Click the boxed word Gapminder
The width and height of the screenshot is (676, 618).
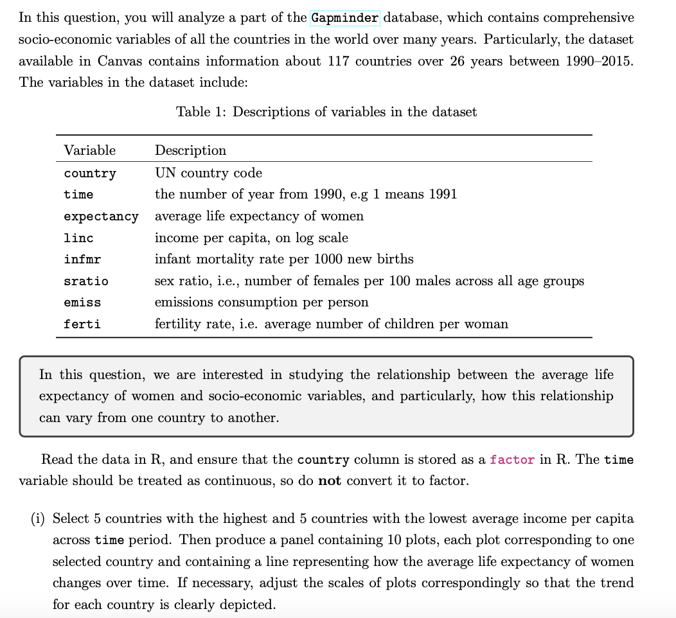point(345,17)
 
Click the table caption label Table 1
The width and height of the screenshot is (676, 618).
point(201,112)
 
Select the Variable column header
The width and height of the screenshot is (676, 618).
point(90,150)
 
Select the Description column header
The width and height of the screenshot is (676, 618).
point(190,150)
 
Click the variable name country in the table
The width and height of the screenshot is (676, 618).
point(90,173)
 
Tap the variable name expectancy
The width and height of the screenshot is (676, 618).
point(101,216)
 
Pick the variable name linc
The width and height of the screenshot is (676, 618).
point(78,238)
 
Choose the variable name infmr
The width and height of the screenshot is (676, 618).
point(82,260)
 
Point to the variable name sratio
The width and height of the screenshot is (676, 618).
point(86,281)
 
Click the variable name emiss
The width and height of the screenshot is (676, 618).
point(82,303)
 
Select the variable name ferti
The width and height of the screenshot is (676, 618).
point(82,324)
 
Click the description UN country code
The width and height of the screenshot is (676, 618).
point(208,173)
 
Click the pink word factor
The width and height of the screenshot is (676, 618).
point(511,460)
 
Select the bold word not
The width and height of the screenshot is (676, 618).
point(330,481)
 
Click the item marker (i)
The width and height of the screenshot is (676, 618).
point(38,518)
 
